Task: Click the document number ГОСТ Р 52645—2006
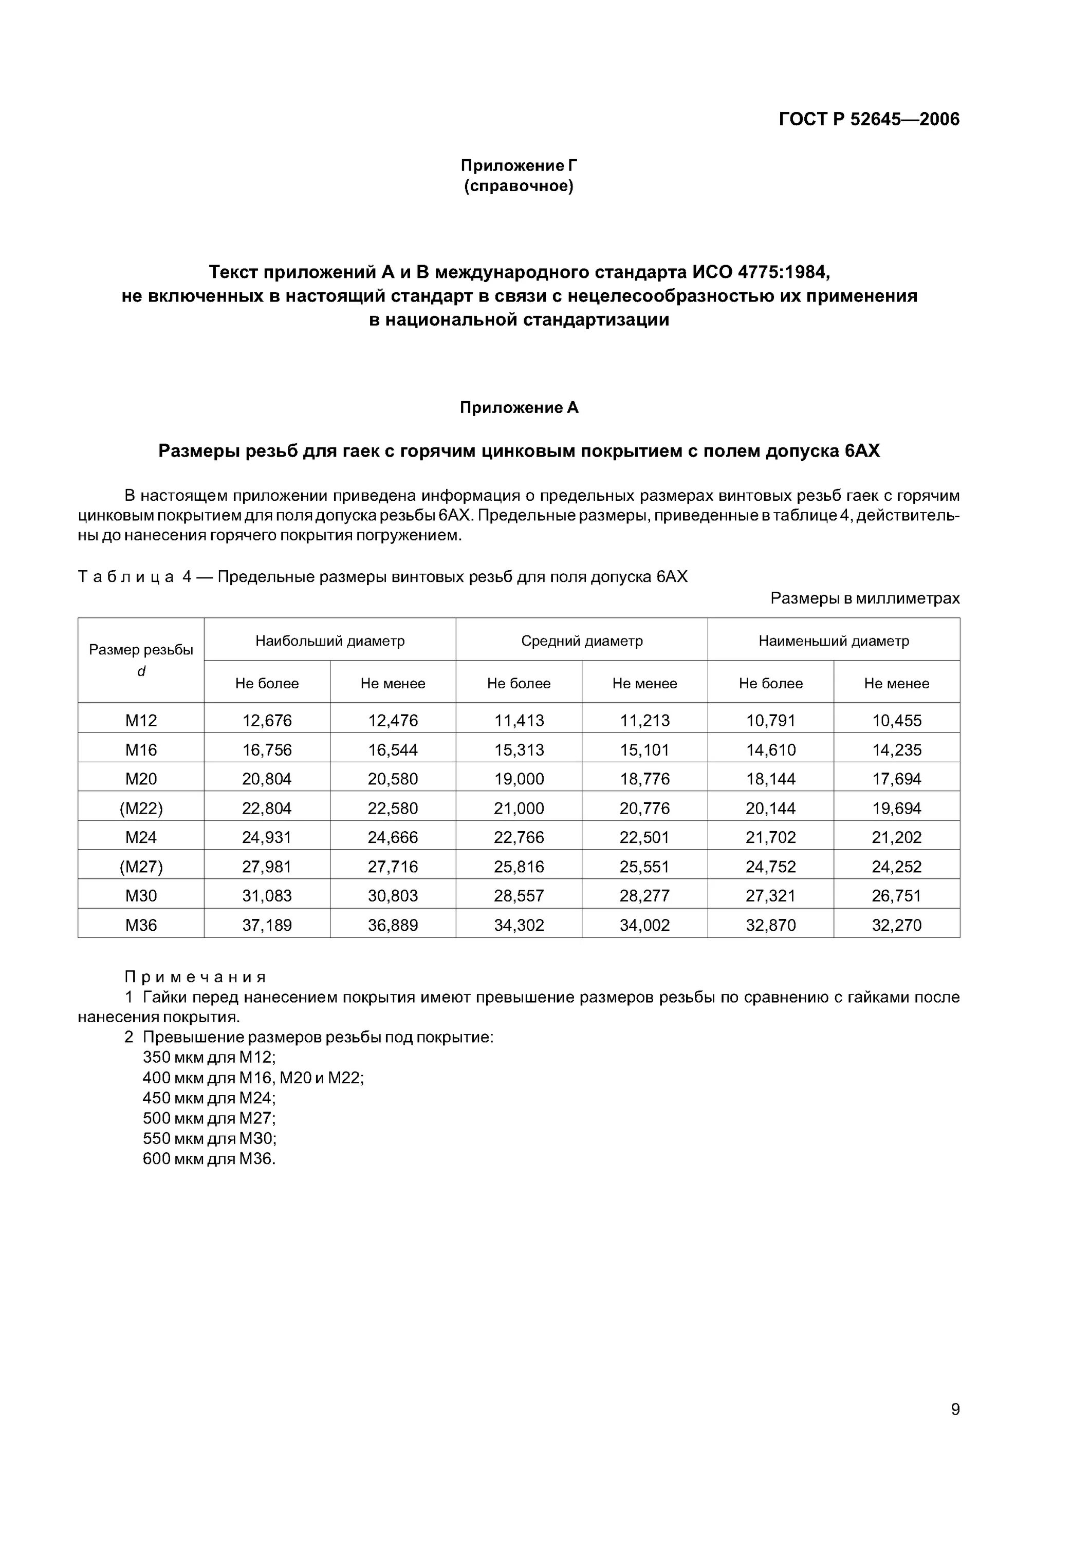(x=869, y=120)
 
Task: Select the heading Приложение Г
(x=519, y=165)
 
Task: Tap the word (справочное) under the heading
(x=519, y=186)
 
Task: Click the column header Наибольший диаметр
(x=330, y=641)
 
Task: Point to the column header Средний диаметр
(x=582, y=641)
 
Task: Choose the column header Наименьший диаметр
(x=834, y=641)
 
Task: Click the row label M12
(x=141, y=720)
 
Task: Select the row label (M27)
(x=141, y=867)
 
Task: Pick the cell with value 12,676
(x=267, y=720)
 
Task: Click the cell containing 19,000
(x=519, y=779)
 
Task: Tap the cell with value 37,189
(x=267, y=925)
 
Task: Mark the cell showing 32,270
(x=897, y=925)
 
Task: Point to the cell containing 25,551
(x=645, y=867)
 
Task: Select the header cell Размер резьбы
(x=141, y=650)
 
